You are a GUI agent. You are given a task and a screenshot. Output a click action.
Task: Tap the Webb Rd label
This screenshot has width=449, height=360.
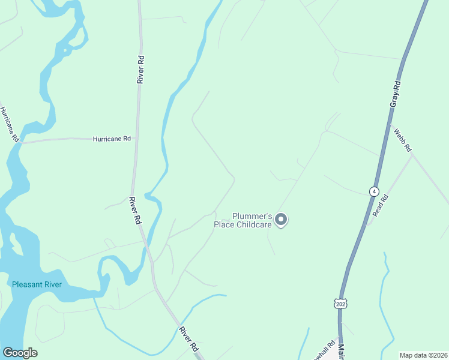point(403,139)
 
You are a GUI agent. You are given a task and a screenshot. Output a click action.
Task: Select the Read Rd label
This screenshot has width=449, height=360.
point(381,205)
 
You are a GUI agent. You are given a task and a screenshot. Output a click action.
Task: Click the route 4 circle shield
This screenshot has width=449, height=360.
point(375,191)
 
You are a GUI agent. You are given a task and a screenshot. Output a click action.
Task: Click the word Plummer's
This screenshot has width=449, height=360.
point(253,217)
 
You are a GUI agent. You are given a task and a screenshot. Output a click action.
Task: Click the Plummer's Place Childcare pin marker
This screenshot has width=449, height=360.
point(281,220)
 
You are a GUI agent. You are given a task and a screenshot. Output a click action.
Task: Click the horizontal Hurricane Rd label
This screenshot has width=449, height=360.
point(112,139)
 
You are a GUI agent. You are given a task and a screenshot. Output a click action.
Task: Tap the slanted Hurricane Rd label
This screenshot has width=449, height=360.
point(10,124)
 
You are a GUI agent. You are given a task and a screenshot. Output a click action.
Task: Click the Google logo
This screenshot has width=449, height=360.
point(20,352)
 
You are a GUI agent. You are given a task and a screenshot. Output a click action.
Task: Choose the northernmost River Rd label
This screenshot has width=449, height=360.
point(140,69)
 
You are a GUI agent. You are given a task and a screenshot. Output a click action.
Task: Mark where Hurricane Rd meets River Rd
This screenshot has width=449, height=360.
point(134,139)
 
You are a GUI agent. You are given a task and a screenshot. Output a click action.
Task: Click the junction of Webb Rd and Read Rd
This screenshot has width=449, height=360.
point(412,155)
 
